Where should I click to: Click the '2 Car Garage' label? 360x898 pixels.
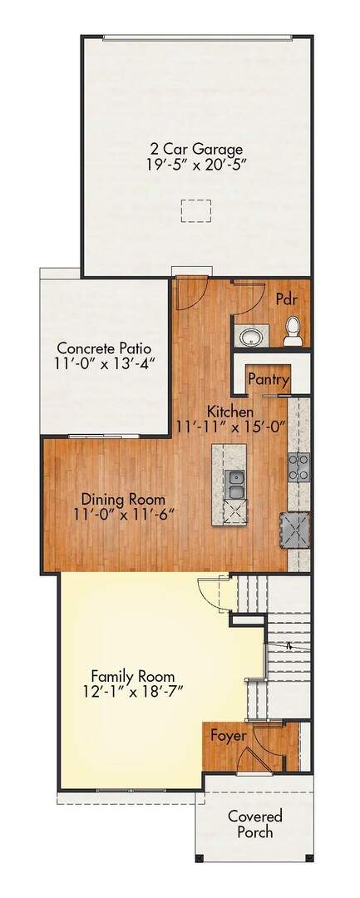coord(193,150)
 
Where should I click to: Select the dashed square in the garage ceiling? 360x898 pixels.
coord(196,210)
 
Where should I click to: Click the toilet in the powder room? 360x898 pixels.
coord(293,332)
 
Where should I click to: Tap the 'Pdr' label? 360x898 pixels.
coord(286,299)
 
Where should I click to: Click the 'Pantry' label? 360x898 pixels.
coord(269,380)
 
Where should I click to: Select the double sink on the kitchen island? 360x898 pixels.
coord(235,485)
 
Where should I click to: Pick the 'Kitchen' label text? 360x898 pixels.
coord(230,412)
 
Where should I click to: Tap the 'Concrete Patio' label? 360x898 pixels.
coord(104,348)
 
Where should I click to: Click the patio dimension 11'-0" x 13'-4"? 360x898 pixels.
coord(105,363)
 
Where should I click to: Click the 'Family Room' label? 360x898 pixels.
coord(133,676)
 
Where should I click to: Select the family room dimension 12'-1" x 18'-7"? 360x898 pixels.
coord(133,691)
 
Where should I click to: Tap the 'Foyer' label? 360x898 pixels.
coord(229,735)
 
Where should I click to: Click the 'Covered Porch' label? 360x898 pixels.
coord(255,823)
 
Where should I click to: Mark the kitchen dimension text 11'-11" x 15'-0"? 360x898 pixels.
coord(230,426)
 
